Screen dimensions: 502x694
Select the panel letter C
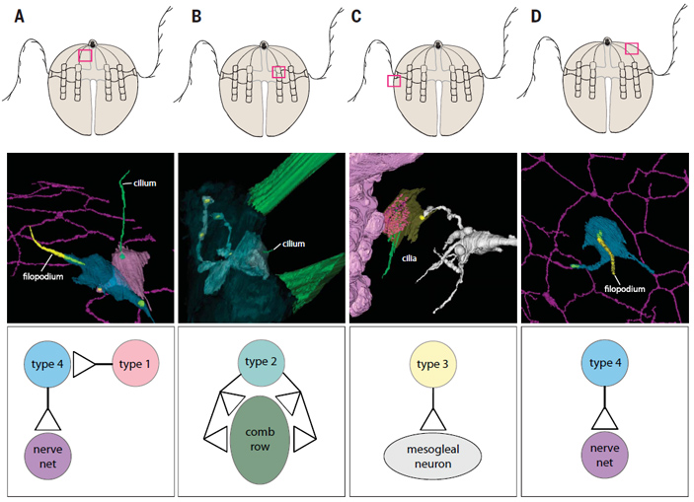coord(355,14)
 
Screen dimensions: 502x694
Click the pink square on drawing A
coord(86,56)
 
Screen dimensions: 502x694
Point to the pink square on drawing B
coord(278,71)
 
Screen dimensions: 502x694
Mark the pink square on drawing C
coord(394,81)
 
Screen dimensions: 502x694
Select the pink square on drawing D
coord(632,48)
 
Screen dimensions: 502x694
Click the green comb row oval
coord(261,439)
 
